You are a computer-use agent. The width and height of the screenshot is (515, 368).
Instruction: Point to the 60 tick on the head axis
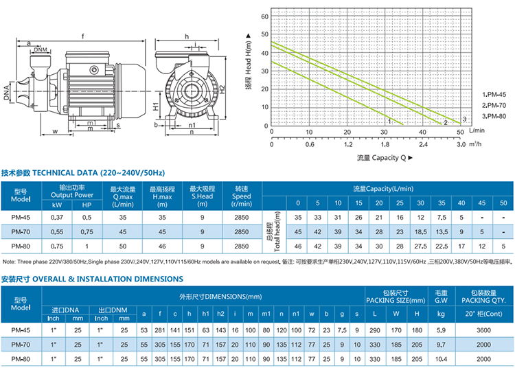(x=263, y=15)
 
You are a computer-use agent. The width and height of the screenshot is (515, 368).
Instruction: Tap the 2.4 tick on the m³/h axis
(x=422, y=144)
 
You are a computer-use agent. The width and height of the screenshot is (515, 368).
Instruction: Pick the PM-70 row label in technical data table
(x=20, y=232)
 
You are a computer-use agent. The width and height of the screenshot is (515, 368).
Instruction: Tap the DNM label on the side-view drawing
(x=41, y=50)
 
